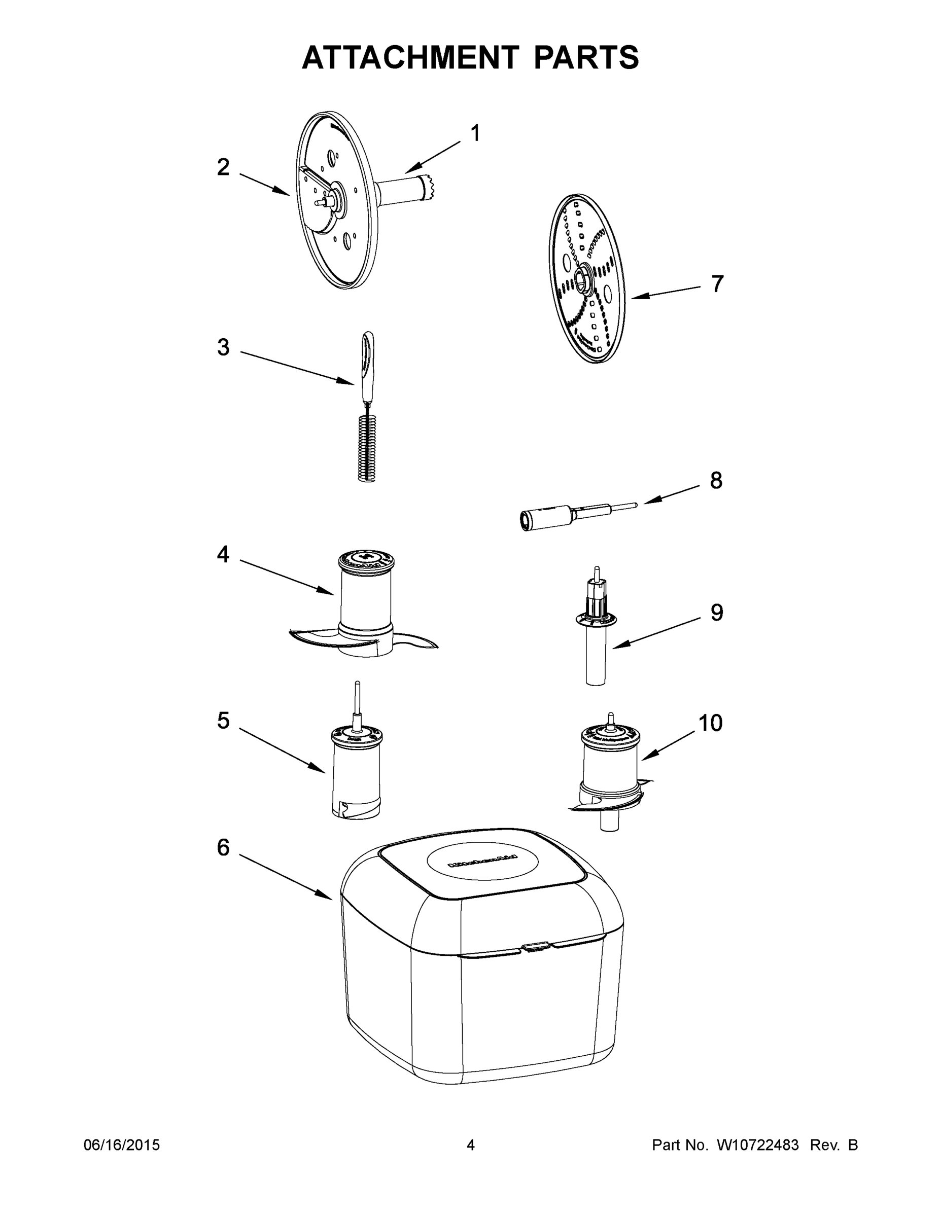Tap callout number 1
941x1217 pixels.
click(475, 133)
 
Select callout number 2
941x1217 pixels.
click(223, 167)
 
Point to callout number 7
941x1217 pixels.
click(717, 284)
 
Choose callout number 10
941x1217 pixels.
click(710, 723)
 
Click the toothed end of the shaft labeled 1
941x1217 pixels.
click(430, 187)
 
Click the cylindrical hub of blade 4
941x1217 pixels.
click(365, 596)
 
